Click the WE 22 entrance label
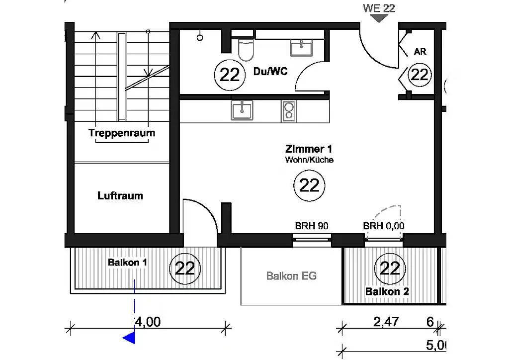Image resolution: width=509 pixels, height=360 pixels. click(x=379, y=8)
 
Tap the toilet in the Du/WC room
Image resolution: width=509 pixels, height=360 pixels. click(x=246, y=50)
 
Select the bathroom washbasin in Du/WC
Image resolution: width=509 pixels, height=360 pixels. click(x=301, y=48)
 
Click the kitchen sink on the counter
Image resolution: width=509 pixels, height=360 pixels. click(x=242, y=110)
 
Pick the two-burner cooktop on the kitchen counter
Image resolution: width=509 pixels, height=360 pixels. click(x=289, y=111)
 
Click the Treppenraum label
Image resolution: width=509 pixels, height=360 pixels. click(x=122, y=133)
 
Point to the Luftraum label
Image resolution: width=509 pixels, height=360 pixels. click(x=120, y=196)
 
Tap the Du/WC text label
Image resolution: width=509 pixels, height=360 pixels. click(x=270, y=72)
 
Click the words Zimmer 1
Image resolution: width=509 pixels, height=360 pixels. click(x=309, y=149)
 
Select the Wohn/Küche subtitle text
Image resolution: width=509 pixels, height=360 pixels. click(x=309, y=160)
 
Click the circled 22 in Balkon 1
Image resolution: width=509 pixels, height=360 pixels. click(x=185, y=269)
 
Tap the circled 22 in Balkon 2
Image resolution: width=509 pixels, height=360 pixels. click(x=390, y=269)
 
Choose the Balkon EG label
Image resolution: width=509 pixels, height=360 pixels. click(x=291, y=276)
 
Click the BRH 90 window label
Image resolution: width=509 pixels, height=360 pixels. click(x=312, y=226)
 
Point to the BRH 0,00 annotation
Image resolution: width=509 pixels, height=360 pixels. click(x=384, y=226)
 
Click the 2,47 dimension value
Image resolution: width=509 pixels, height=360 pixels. click(x=386, y=322)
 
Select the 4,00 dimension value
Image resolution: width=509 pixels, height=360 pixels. click(x=148, y=322)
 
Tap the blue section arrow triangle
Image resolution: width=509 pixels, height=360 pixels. click(x=129, y=338)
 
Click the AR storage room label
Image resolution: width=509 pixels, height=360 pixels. click(x=420, y=52)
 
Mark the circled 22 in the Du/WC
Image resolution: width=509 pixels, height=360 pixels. click(x=230, y=75)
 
